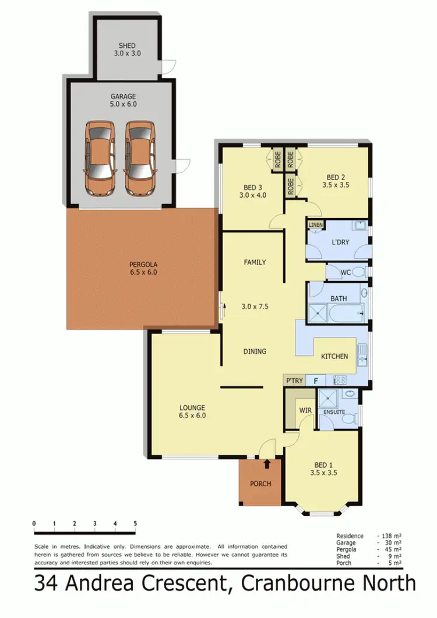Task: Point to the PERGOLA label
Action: [143, 264]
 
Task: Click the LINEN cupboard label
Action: [315, 224]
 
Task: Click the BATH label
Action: [339, 298]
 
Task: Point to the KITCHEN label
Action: [334, 356]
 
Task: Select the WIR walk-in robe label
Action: [306, 411]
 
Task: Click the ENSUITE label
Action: [334, 412]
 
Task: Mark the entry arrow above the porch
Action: [267, 464]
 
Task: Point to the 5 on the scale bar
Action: [135, 523]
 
